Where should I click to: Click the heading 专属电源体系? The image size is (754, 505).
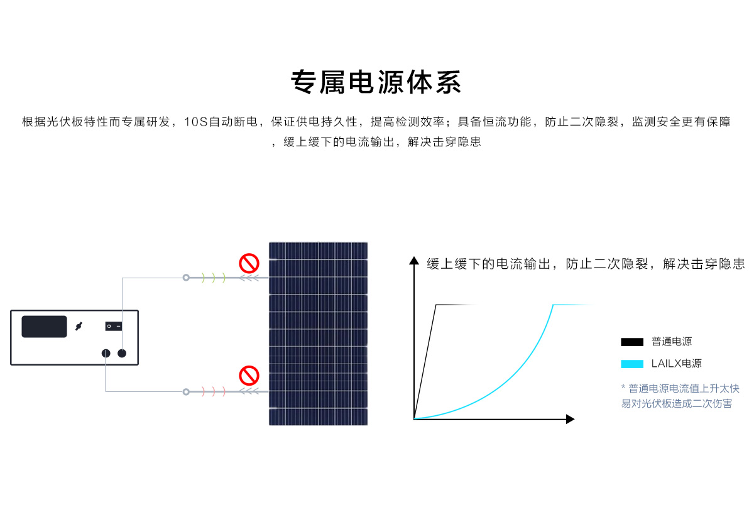pos(376,82)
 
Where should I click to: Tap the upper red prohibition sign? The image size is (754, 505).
pos(249,263)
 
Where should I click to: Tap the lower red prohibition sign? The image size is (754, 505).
pos(249,376)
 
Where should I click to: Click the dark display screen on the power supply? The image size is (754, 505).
pos(44,327)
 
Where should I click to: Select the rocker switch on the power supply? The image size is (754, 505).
pos(114,327)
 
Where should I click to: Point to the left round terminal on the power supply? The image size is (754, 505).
pos(106,353)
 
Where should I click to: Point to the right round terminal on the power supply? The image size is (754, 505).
pos(122,353)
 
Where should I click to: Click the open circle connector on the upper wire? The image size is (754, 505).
pos(186,278)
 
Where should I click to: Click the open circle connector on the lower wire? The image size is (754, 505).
pos(186,391)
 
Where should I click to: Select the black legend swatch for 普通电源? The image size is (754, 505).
pos(632,342)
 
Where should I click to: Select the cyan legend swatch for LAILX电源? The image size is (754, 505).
pos(632,364)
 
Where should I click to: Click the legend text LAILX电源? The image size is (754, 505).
pos(676,363)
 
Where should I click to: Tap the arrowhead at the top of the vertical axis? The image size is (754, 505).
pos(414,261)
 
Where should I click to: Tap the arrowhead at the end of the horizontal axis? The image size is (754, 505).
pos(571,419)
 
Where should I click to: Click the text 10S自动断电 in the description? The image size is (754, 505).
pos(221,122)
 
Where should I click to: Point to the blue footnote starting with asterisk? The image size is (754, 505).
pos(680,396)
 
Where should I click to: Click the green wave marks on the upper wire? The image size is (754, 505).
pos(214,278)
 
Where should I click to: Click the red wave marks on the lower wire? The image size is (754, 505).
pos(214,391)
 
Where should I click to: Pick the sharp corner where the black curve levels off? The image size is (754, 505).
pos(436,305)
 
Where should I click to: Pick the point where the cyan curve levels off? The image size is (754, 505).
pos(553,305)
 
